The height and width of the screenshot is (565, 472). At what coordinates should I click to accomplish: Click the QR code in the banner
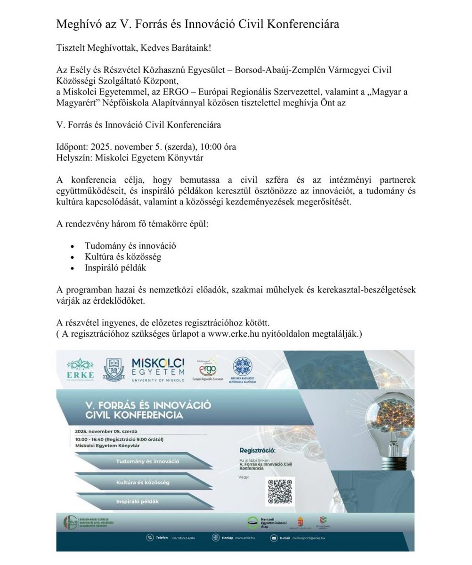[281, 491]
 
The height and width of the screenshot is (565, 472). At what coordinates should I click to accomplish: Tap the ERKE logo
[80, 370]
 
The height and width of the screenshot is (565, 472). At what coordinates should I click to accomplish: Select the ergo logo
[208, 370]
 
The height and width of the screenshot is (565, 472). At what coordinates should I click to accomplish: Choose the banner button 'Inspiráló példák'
[138, 501]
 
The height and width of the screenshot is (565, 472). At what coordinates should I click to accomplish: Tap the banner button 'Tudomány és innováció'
[147, 461]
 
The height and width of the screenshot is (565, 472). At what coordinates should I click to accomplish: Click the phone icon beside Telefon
[150, 538]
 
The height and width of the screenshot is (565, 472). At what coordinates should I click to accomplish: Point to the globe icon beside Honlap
[216, 538]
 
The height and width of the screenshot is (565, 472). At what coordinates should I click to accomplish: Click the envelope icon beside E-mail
[274, 538]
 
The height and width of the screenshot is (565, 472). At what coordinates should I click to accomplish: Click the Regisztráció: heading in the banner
[257, 451]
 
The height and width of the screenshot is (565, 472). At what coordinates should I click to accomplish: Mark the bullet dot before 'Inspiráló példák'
[72, 268]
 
